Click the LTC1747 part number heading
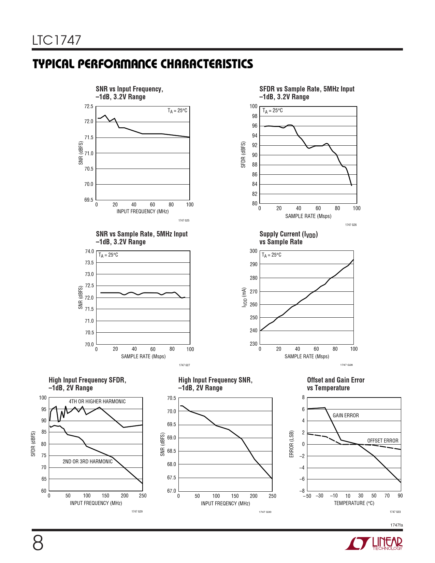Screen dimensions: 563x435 [x=57, y=40]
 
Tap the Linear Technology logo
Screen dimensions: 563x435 [x=374, y=543]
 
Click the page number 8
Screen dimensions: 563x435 [x=38, y=543]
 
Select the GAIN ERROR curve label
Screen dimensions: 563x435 [x=346, y=415]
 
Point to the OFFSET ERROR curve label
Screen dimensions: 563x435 [x=382, y=441]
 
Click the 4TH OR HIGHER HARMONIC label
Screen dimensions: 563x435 [x=97, y=401]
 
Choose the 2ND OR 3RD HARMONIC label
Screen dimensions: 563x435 [x=87, y=461]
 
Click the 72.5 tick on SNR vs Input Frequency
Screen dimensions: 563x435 [x=89, y=106]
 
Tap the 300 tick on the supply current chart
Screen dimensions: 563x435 [x=253, y=251]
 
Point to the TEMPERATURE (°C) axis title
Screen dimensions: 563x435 [x=354, y=503]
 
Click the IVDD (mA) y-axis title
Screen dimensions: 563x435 [x=244, y=298]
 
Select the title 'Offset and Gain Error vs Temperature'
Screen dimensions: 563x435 [x=335, y=384]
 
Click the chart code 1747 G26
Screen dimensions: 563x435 [x=351, y=225]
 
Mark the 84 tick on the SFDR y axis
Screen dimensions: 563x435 [x=255, y=184]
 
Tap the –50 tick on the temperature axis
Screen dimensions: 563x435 [x=307, y=496]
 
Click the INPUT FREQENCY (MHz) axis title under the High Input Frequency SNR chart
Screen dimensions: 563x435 [x=225, y=503]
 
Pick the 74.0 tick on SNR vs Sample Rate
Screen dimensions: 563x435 [x=89, y=251]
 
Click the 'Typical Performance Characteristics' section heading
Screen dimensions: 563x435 [x=143, y=64]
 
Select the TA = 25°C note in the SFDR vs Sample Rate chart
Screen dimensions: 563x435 [x=272, y=111]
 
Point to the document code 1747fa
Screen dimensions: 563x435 [x=396, y=525]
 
